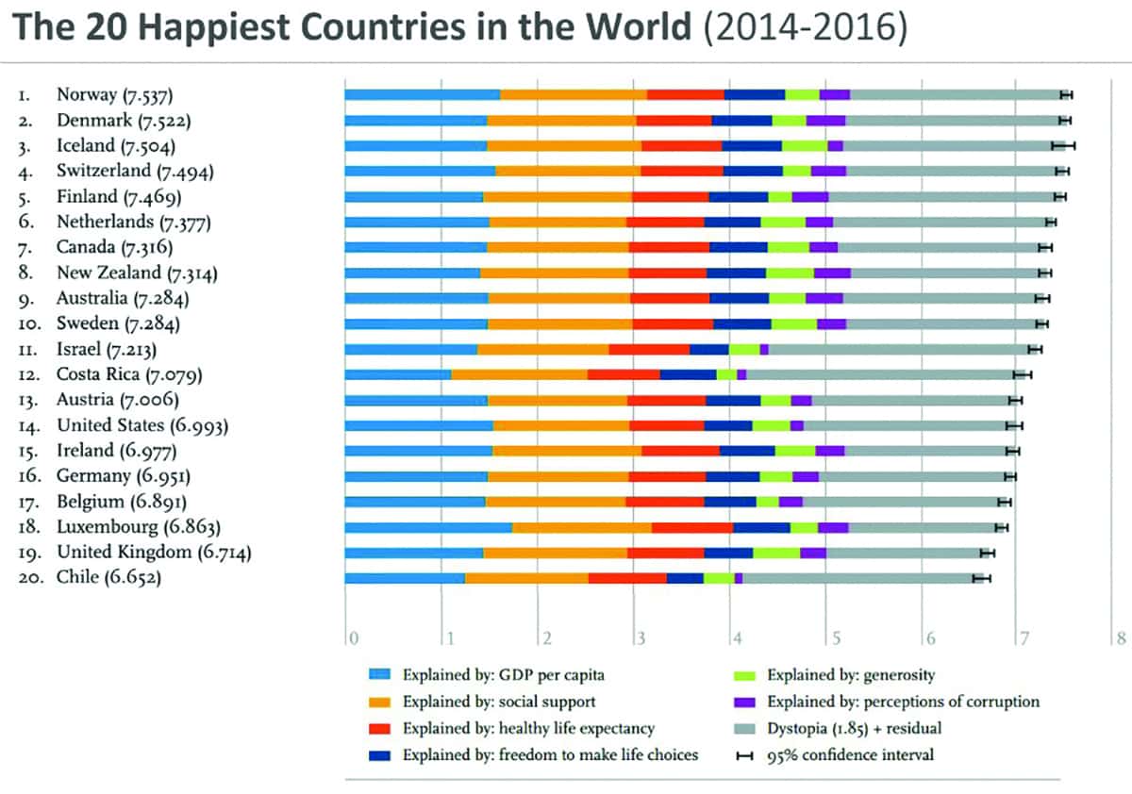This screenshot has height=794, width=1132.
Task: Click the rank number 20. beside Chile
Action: click(30, 578)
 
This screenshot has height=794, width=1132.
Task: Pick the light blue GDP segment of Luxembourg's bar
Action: click(428, 527)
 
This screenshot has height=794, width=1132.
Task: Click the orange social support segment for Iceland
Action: click(564, 145)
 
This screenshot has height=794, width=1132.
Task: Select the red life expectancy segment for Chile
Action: click(627, 578)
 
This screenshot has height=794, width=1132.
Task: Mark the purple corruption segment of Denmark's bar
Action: click(825, 120)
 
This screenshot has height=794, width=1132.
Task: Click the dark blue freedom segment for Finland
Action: click(739, 196)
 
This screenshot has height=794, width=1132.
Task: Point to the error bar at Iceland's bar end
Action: click(1063, 145)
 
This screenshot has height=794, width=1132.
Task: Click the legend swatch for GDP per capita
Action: click(380, 675)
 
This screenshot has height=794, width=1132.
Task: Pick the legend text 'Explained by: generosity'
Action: click(850, 675)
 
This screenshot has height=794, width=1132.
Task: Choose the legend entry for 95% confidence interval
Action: click(848, 754)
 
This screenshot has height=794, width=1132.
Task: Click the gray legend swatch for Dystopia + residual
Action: click(745, 728)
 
